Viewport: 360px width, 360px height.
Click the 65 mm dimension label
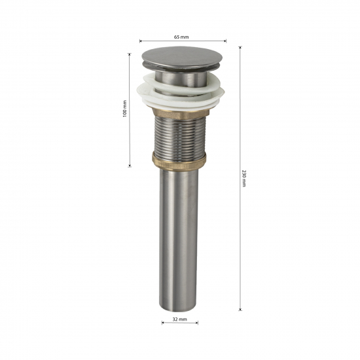181,37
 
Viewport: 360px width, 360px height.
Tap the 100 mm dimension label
125,109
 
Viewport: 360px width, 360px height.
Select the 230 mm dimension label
244,178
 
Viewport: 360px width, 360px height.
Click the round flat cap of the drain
182,57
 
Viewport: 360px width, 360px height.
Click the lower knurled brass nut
179,161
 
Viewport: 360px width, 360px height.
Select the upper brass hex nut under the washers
181,113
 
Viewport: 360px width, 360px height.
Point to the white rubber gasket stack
181,93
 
